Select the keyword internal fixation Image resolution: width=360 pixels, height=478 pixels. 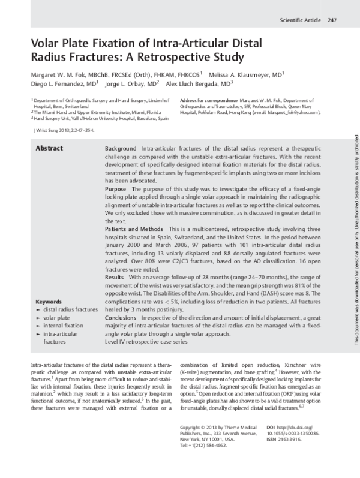click(x=62, y=308)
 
